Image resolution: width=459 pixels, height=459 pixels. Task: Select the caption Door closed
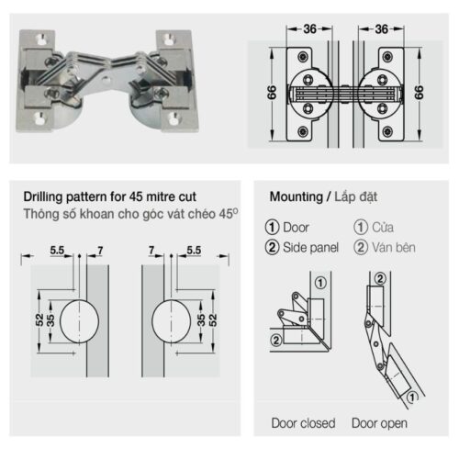[x=303, y=423]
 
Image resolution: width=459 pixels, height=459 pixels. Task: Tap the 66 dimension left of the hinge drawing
[x=273, y=92]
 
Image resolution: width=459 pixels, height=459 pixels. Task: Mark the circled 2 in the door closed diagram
[x=274, y=341]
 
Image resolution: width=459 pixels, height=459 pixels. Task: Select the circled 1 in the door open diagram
[x=411, y=396]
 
